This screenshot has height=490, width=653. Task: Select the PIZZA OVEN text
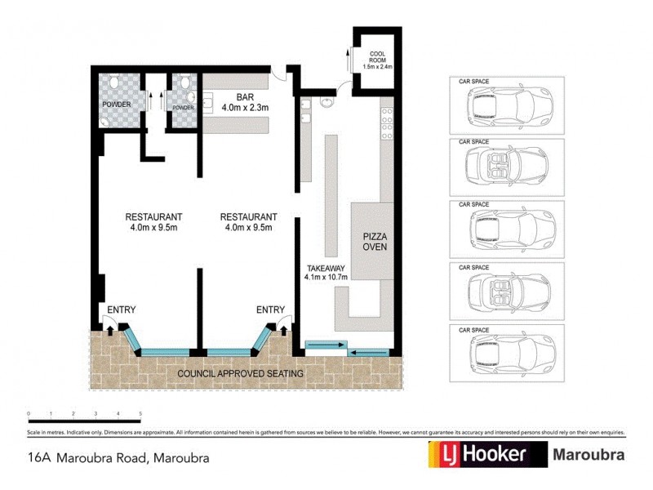click(374, 243)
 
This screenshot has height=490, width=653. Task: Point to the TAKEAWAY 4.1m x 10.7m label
click(326, 273)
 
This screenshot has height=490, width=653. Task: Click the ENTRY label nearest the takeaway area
click(270, 310)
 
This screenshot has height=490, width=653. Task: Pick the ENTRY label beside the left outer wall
click(121, 310)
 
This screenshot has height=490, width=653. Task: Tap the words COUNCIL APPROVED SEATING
click(241, 374)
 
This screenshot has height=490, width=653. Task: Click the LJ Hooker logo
click(487, 455)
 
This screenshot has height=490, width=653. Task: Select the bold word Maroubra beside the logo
click(589, 455)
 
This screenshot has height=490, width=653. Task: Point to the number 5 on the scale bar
click(140, 415)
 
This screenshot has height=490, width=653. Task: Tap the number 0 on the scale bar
click(29, 415)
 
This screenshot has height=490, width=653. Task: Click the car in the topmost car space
click(507, 108)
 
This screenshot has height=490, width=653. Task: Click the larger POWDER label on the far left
click(116, 105)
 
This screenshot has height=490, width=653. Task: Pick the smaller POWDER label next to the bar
click(183, 108)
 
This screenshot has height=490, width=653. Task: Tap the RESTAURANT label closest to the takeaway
click(248, 221)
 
